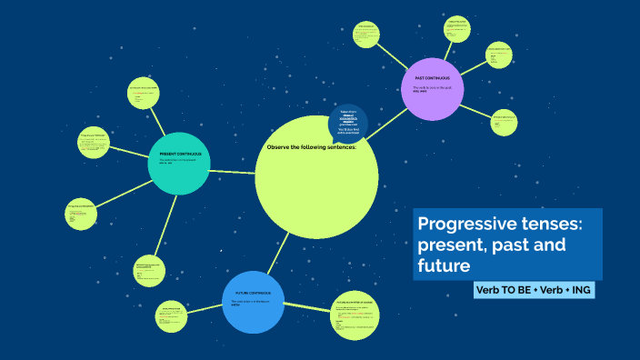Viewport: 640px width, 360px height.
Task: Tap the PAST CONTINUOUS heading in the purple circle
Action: point(432,79)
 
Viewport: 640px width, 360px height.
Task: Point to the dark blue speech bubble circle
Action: point(348,123)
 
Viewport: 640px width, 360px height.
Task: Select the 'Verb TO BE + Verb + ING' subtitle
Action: point(534,290)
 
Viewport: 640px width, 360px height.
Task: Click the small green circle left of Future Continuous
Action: point(172,315)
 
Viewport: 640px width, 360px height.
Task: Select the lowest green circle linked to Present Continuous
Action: point(150,269)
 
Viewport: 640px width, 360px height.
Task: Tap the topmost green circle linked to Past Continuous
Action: point(457,27)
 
